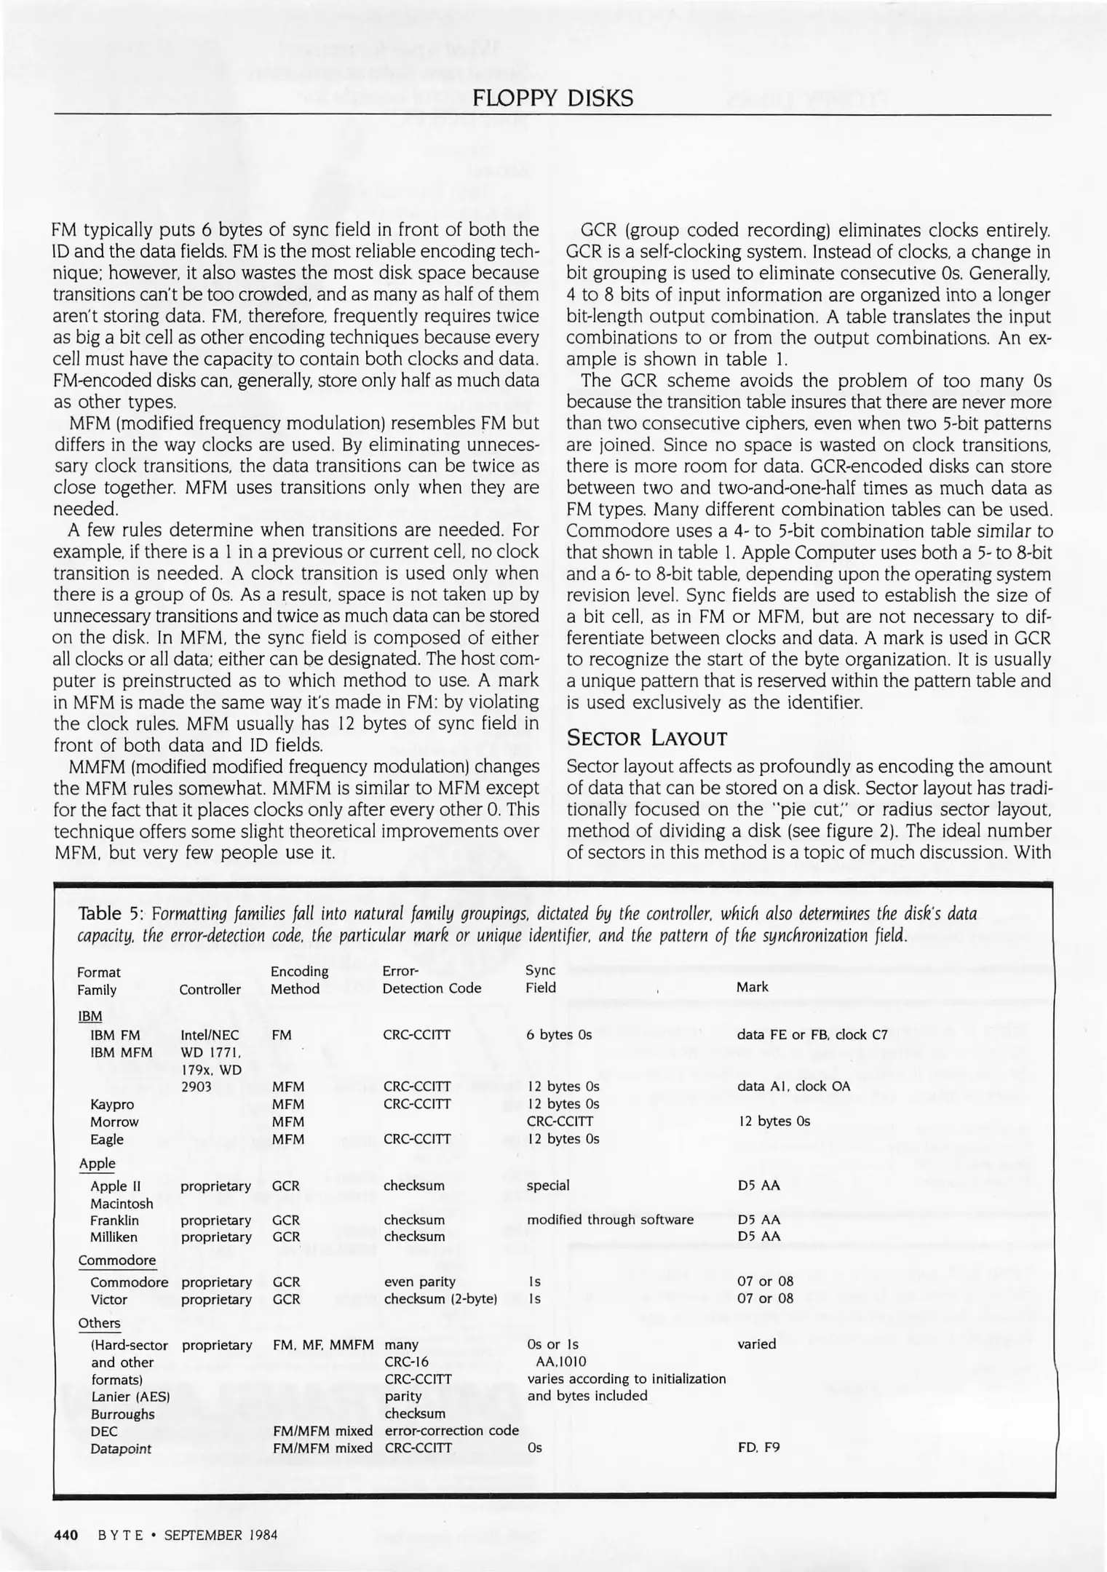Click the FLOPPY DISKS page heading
pyautogui.click(x=553, y=98)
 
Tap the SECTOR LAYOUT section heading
pyautogui.click(x=646, y=739)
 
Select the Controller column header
pyautogui.click(x=210, y=989)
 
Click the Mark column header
pyautogui.click(x=752, y=987)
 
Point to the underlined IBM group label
pyautogui.click(x=90, y=1016)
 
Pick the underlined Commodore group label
pyautogui.click(x=116, y=1260)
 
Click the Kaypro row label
pyautogui.click(x=112, y=1104)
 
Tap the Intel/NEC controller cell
pyautogui.click(x=210, y=1035)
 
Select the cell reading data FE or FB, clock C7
pyautogui.click(x=812, y=1035)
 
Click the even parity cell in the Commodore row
pyautogui.click(x=419, y=1282)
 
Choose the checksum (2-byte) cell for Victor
pyautogui.click(x=440, y=1299)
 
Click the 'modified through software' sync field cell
pyautogui.click(x=610, y=1220)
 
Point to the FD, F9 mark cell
pyautogui.click(x=758, y=1448)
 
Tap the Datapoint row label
pyautogui.click(x=121, y=1449)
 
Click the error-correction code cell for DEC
pyautogui.click(x=451, y=1431)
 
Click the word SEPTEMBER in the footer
pyautogui.click(x=202, y=1536)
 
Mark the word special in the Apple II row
pyautogui.click(x=548, y=1186)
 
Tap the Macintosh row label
pyautogui.click(x=122, y=1204)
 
